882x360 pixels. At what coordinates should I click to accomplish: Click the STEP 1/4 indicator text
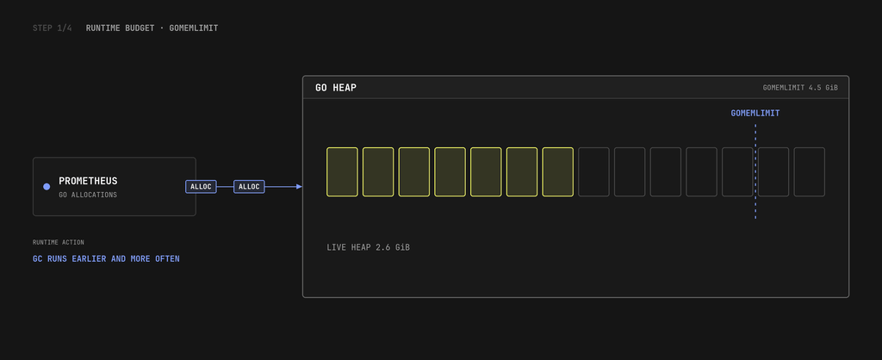[53, 28]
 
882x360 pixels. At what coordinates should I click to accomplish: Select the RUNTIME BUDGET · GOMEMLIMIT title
[152, 28]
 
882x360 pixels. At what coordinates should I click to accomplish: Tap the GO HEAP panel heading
[336, 88]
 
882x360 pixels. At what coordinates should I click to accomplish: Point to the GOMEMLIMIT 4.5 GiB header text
[800, 88]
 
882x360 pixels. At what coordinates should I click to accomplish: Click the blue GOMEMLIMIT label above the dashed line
[755, 113]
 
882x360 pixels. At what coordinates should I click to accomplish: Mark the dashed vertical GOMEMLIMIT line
[755, 171]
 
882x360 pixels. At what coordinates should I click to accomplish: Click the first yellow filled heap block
[342, 172]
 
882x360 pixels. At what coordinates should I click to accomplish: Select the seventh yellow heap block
[558, 172]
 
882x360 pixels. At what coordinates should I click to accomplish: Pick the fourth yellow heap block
[450, 172]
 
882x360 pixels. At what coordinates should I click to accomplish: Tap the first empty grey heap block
[593, 172]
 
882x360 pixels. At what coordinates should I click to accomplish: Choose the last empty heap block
[810, 172]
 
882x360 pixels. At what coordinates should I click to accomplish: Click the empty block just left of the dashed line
[737, 172]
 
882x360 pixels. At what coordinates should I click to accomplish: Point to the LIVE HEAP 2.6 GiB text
[368, 247]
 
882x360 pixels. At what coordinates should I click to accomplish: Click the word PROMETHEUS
[89, 181]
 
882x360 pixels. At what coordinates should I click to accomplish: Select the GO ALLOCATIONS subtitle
[88, 196]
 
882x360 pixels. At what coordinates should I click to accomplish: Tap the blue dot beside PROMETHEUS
[47, 187]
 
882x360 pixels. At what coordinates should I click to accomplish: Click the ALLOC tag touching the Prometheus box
[201, 187]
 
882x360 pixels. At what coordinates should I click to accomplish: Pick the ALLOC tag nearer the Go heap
[249, 187]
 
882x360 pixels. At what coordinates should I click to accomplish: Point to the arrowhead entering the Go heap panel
[300, 187]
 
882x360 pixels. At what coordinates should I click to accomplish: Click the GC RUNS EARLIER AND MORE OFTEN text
[106, 259]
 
